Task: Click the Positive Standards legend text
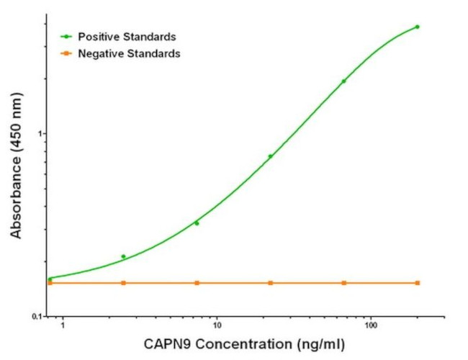point(127,36)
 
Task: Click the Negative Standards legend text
point(129,53)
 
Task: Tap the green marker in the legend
point(66,36)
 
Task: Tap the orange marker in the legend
point(66,53)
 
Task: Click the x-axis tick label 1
point(63,326)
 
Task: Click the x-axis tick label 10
point(216,326)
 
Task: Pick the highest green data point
point(418,27)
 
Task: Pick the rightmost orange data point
point(418,283)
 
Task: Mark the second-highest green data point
point(343,81)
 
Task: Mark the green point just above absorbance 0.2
point(123,256)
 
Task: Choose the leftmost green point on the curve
point(50,279)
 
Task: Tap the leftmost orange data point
point(50,283)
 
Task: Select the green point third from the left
point(197,223)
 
